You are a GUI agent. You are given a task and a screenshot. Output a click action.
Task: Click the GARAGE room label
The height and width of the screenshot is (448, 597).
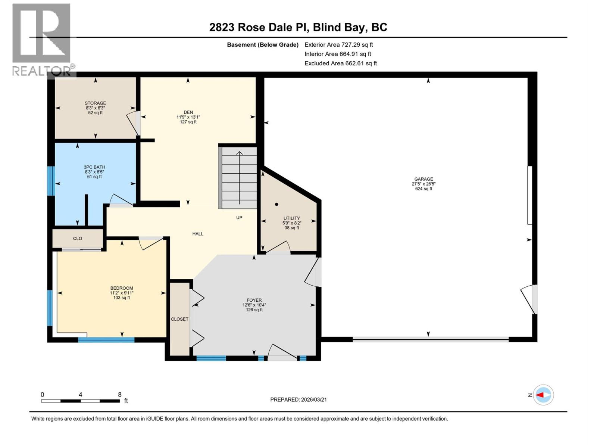(x=423, y=179)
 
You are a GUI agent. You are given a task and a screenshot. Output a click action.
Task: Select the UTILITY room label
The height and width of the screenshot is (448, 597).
(x=291, y=218)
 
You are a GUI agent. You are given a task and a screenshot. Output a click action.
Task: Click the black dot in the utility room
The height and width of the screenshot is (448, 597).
(x=276, y=204)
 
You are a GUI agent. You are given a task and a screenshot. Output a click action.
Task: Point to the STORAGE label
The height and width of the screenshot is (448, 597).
(x=95, y=103)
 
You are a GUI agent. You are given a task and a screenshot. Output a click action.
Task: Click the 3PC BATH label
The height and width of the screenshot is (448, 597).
(x=94, y=167)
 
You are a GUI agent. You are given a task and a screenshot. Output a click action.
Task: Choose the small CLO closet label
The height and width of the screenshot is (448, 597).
(x=78, y=239)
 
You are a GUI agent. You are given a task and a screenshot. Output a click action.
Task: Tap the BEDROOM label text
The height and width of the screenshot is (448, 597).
(x=122, y=288)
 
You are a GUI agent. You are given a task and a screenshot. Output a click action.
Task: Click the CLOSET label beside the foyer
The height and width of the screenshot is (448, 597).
(x=179, y=319)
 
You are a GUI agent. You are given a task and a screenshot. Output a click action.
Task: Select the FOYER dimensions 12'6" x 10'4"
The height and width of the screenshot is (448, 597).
(x=254, y=305)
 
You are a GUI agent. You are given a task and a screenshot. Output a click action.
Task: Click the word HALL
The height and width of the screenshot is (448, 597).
(x=198, y=234)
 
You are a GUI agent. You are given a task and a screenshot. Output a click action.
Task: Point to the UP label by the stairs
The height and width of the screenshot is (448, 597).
(x=239, y=218)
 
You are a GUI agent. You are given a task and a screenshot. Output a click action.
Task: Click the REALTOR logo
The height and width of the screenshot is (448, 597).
(x=42, y=39)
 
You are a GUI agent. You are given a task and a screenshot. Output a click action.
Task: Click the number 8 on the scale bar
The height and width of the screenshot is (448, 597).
(x=120, y=395)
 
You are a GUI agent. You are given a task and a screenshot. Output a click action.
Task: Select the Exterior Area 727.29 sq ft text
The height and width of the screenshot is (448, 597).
(x=338, y=44)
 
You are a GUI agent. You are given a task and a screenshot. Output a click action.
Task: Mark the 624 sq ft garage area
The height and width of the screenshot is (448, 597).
(x=423, y=189)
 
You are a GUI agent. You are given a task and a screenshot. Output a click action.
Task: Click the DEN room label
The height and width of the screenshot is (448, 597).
(x=188, y=112)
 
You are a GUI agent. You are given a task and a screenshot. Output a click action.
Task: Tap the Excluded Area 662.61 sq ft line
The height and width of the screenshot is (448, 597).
(x=340, y=63)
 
